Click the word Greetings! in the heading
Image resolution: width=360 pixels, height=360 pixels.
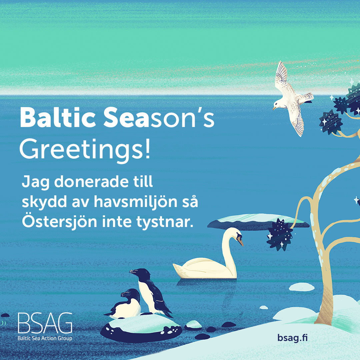[x=85, y=149]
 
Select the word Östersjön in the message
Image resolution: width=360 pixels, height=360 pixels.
[x=59, y=221]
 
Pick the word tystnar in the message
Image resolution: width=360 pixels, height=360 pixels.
[x=165, y=222]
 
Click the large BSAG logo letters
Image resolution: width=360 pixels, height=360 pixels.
[x=45, y=323]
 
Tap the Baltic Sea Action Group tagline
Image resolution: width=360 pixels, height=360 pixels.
[x=45, y=338]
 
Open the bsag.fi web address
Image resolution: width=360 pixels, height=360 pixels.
[x=292, y=338]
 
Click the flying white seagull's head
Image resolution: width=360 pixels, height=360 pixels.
[x=278, y=104]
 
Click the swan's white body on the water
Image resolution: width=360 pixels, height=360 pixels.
[x=204, y=268]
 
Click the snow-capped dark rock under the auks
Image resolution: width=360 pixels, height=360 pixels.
[x=141, y=328]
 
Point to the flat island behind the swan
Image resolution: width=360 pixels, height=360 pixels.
[x=258, y=222]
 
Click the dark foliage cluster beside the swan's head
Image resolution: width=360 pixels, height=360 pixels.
[x=280, y=234]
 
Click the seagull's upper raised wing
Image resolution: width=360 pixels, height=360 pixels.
[x=281, y=76]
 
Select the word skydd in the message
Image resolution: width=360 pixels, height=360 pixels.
[x=44, y=202]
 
